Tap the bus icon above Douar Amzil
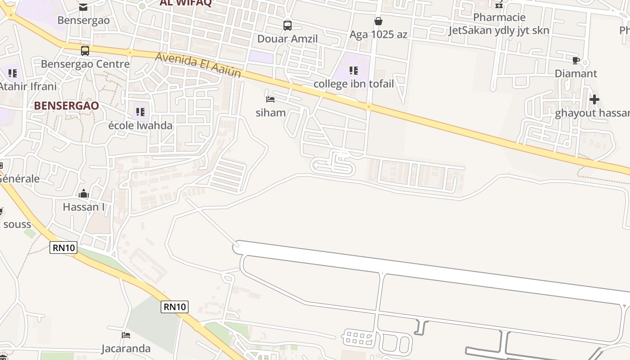[288, 26]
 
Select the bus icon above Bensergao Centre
[85, 51]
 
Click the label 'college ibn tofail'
[353, 84]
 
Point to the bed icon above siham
[270, 99]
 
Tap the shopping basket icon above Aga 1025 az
[378, 21]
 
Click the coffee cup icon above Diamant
[576, 60]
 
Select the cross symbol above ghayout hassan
[594, 99]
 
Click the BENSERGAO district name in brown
[66, 106]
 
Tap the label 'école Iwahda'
[140, 125]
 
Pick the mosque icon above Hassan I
[84, 194]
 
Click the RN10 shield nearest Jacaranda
[175, 307]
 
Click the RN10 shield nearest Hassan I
[63, 247]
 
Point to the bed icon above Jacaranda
[126, 335]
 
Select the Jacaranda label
[126, 348]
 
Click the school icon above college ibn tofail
[354, 71]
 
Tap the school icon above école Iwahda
[140, 112]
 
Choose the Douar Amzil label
[288, 39]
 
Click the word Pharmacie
[499, 18]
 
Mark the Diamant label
[576, 73]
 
